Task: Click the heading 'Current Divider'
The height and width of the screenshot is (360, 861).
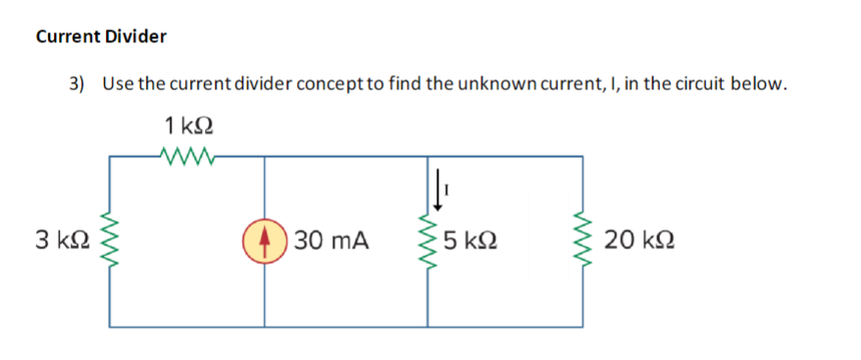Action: (101, 37)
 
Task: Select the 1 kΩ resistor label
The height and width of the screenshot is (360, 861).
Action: (189, 126)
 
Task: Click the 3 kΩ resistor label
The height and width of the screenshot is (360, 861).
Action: (49, 238)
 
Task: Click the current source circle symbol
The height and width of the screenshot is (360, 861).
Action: (263, 239)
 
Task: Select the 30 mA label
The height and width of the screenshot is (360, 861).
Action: (330, 239)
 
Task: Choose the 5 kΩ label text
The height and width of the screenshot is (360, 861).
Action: (468, 239)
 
